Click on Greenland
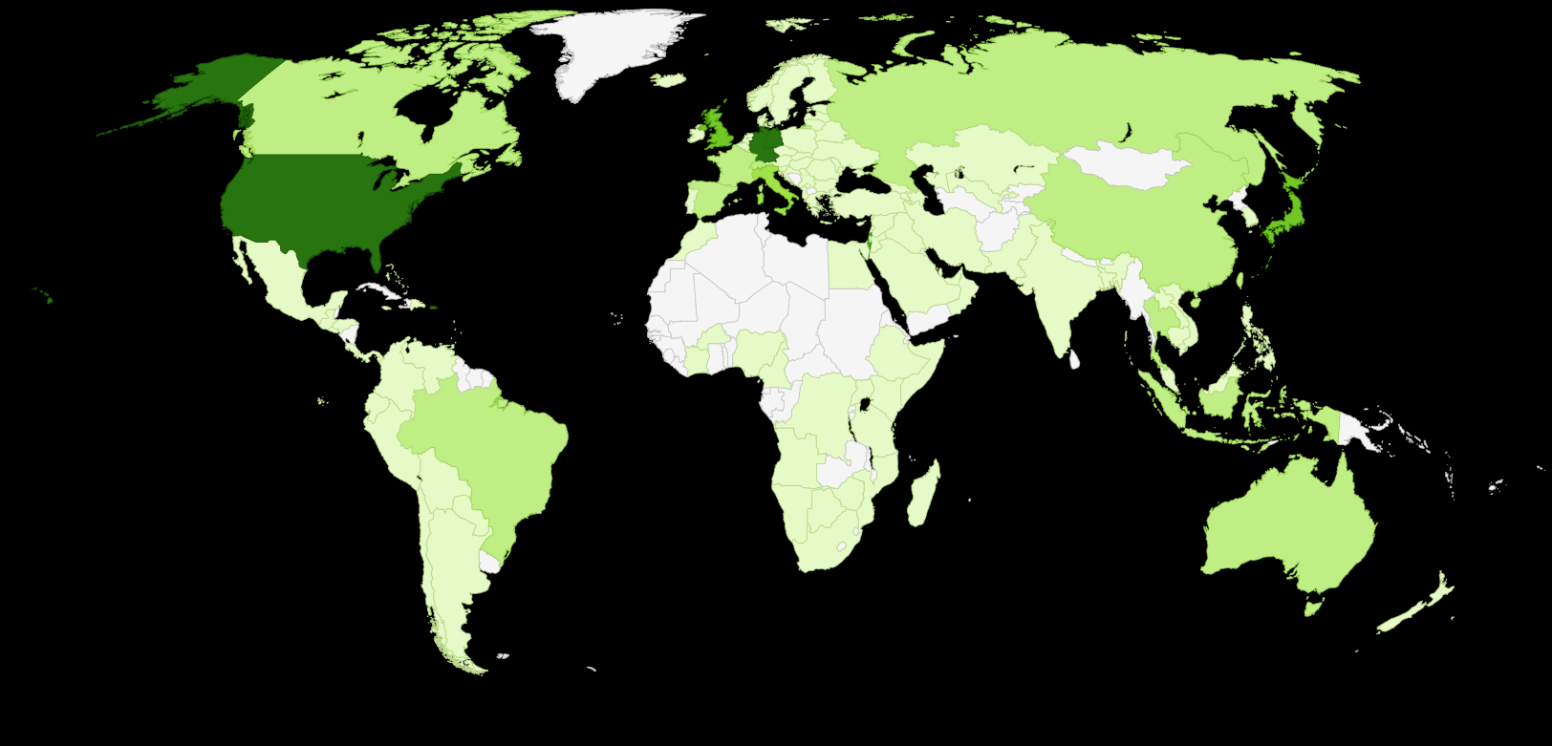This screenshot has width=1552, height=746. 612,48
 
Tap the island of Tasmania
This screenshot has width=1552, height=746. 1313,605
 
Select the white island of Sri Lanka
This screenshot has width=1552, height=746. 1074,359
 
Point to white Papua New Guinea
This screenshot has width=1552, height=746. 1358,430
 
